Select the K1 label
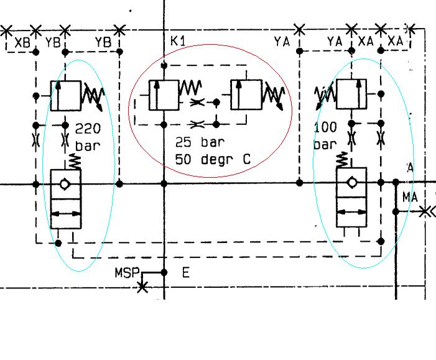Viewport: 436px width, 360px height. click(178, 41)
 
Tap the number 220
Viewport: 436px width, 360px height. click(88, 129)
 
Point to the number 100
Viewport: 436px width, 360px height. click(326, 127)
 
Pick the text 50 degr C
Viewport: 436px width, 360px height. click(213, 159)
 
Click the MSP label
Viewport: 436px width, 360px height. click(126, 273)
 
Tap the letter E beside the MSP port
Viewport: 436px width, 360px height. click(185, 272)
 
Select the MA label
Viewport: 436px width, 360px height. click(410, 197)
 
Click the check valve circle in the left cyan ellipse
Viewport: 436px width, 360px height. click(65, 184)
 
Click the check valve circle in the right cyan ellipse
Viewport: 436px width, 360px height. click(351, 183)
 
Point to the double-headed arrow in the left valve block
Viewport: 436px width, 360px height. click(65, 214)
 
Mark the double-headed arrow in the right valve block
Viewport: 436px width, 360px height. click(351, 213)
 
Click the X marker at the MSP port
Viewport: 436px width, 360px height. click(142, 287)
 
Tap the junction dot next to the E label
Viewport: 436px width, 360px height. click(164, 272)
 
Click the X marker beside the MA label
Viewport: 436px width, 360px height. click(425, 212)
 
